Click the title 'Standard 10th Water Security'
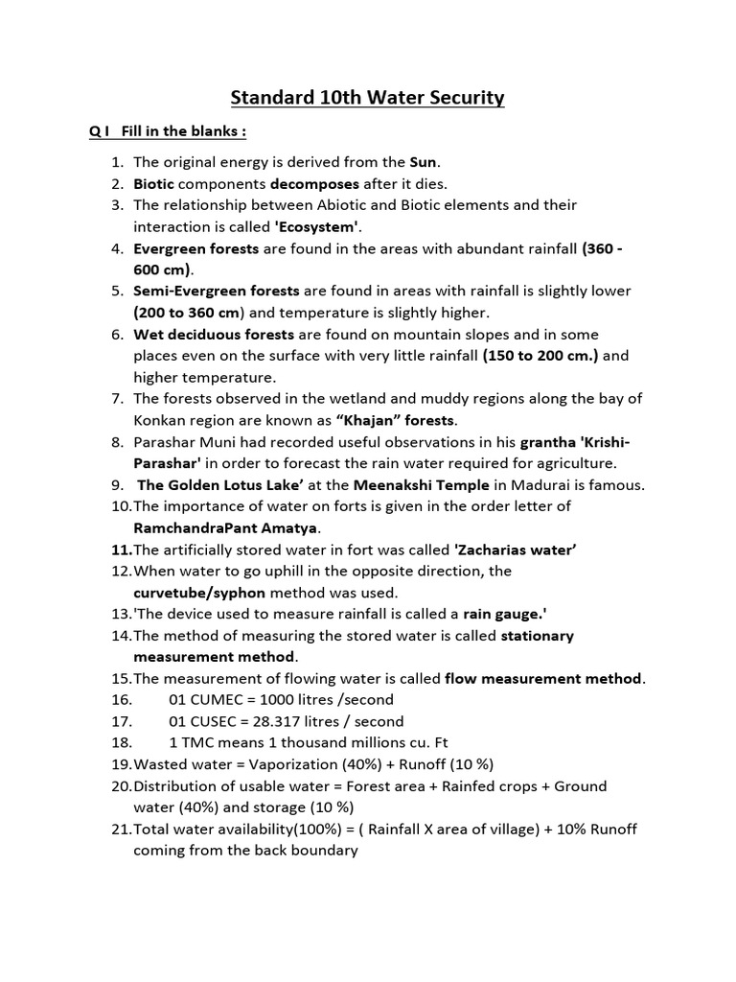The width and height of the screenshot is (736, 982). coord(367,98)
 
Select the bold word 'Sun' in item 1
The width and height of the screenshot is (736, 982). coord(423,162)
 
